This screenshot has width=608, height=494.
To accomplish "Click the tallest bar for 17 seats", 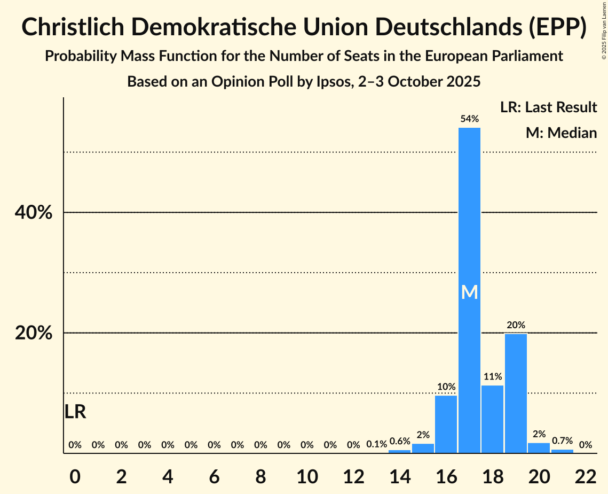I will pyautogui.click(x=469, y=214).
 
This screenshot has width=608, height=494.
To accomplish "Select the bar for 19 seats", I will pyautogui.click(x=516, y=393).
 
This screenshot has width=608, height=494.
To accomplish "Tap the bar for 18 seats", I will pyautogui.click(x=492, y=419).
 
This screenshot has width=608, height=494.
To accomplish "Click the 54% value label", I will pyautogui.click(x=469, y=119).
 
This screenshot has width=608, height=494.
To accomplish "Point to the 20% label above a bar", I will pyautogui.click(x=516, y=325).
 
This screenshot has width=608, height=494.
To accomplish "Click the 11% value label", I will pyautogui.click(x=492, y=376).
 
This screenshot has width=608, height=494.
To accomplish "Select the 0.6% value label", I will pyautogui.click(x=399, y=441).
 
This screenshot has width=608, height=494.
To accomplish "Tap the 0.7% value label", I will pyautogui.click(x=562, y=441).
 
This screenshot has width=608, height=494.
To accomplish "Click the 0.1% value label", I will pyautogui.click(x=376, y=444).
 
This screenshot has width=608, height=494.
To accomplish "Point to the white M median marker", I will pyautogui.click(x=469, y=292).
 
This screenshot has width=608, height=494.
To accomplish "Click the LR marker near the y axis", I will pyautogui.click(x=75, y=412).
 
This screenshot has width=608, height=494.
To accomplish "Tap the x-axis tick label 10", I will pyautogui.click(x=307, y=475).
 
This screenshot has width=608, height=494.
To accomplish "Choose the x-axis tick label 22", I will pyautogui.click(x=586, y=475).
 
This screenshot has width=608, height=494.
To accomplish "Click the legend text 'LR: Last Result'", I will pyautogui.click(x=548, y=107).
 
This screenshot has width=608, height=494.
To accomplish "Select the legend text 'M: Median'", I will pyautogui.click(x=561, y=133).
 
